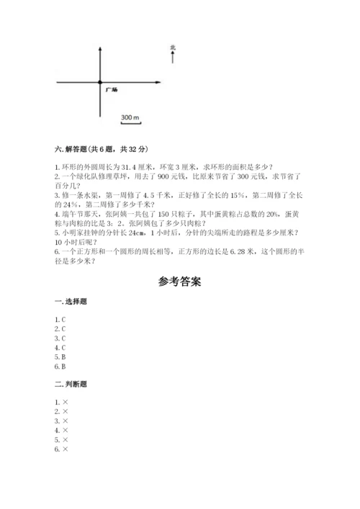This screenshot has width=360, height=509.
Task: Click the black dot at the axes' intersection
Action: (x=100, y=83)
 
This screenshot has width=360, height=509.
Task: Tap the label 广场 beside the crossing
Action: (x=111, y=89)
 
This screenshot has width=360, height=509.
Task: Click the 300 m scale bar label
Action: (x=130, y=116)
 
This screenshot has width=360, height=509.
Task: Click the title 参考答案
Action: (x=179, y=282)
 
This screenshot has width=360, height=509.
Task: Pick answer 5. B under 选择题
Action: (x=61, y=356)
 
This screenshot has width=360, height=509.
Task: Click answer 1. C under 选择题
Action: (x=61, y=319)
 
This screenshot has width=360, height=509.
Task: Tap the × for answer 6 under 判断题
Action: (x=65, y=449)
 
